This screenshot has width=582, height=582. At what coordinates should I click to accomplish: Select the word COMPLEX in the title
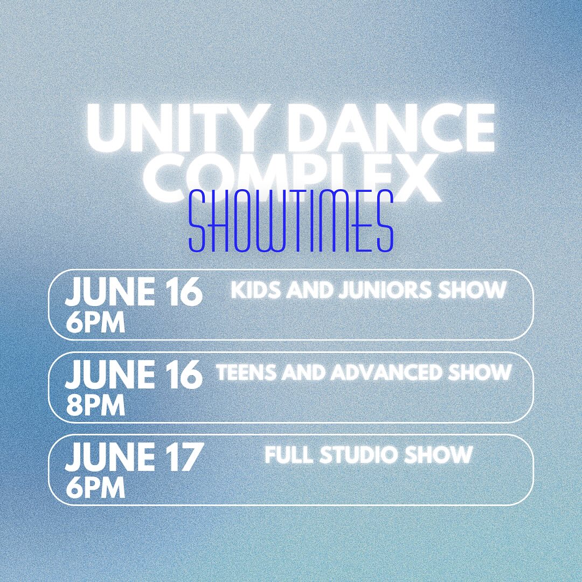291,177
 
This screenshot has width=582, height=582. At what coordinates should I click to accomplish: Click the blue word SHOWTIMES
291,221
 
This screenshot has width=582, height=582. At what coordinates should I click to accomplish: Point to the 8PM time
95,405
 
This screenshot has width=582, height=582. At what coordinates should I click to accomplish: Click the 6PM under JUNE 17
95,488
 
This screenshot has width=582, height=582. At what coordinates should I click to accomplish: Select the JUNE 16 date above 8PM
134,374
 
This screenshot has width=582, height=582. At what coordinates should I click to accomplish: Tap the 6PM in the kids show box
95,323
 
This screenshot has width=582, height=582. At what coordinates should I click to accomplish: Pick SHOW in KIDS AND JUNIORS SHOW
473,290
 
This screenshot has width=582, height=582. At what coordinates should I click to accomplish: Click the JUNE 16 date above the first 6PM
134,292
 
